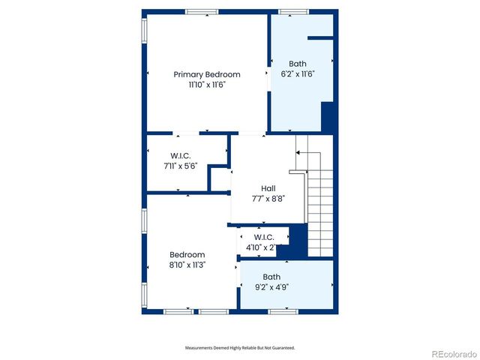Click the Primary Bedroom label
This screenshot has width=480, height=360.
pos(207,74)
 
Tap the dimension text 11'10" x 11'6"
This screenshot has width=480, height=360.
pos(207,85)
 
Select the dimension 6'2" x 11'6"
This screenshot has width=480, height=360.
pos(297,74)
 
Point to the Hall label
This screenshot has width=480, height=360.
pos(268,188)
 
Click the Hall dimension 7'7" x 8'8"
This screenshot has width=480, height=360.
pos(268,199)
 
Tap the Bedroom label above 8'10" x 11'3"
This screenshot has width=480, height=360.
pos(187,255)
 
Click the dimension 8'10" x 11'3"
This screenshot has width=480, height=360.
pos(187,265)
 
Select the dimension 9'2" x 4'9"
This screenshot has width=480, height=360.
pos(271,286)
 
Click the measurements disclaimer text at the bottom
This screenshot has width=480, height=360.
pos(240,348)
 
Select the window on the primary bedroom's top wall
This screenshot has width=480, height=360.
pos(202,11)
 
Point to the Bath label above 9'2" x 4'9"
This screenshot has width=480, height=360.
pos(271,277)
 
